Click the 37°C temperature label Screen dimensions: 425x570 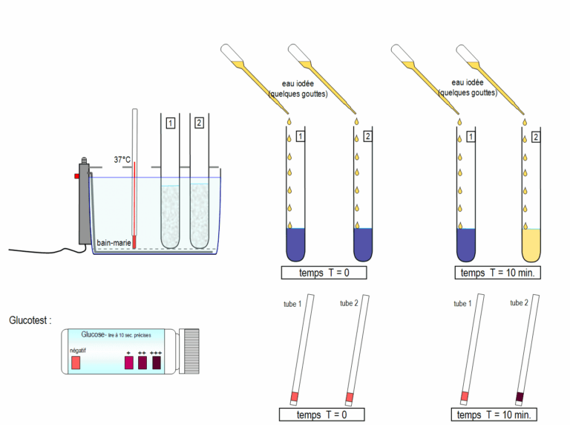pos(121,160)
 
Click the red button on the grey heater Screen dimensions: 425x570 pos(76,175)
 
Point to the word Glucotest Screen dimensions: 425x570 pos(30,321)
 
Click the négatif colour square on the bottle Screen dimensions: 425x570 pos(76,363)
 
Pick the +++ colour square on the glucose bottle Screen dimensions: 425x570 pos(157,363)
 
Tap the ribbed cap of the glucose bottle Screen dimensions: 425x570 pos(191,351)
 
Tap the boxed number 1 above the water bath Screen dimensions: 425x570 pos(170,123)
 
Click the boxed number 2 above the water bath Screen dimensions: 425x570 pos(198,123)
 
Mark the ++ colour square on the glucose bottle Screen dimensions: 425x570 pos(142,363)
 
